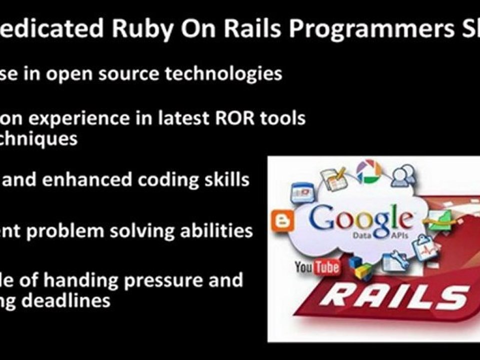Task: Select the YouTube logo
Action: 317,267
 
